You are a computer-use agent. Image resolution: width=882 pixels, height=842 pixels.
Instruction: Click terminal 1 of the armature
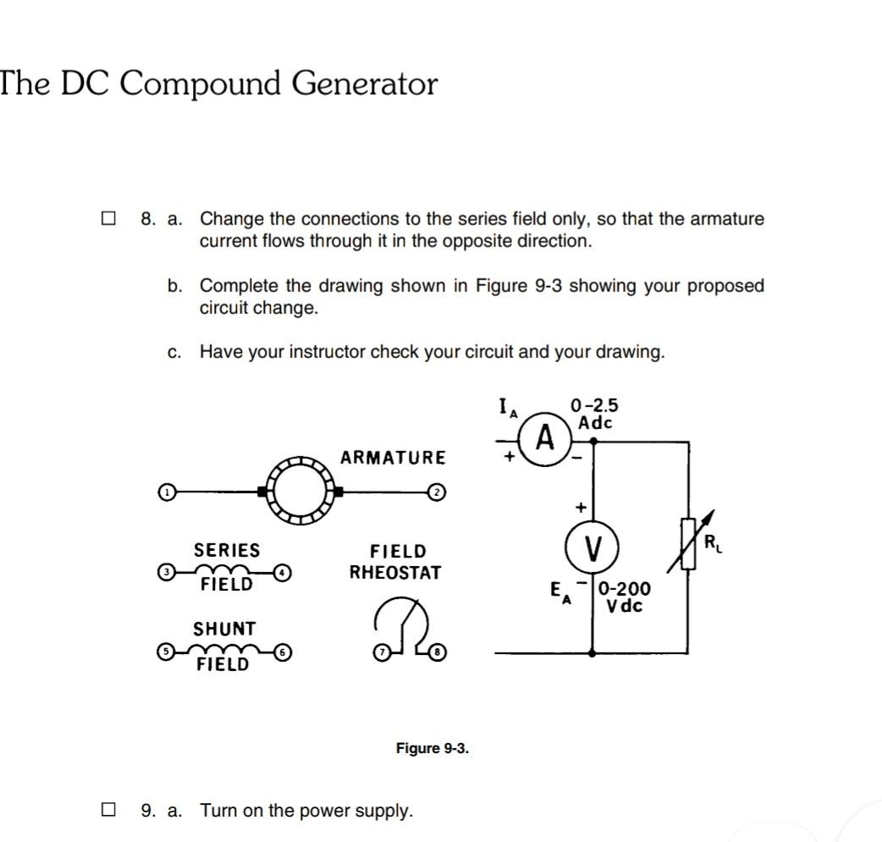168,491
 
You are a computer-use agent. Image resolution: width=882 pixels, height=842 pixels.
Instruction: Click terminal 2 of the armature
435,492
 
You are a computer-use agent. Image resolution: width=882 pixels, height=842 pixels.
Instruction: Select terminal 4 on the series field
284,573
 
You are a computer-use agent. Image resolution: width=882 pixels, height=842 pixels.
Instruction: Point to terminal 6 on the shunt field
284,653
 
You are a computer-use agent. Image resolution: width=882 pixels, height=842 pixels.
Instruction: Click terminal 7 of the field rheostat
382,653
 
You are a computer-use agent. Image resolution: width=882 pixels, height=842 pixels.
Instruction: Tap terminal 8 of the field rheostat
438,653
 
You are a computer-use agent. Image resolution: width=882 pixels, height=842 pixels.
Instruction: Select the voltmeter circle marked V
593,551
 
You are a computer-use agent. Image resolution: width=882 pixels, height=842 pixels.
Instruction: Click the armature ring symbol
300,491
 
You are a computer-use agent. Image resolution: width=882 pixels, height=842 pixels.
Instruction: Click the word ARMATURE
392,458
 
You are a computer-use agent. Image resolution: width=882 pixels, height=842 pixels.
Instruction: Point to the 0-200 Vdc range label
624,597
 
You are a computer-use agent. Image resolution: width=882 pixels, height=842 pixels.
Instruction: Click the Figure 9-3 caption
432,749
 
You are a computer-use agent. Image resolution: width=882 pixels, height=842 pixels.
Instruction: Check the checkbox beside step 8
107,219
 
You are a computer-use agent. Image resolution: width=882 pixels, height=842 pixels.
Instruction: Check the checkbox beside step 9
107,811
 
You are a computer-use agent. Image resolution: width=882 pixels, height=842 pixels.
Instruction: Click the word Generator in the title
365,84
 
